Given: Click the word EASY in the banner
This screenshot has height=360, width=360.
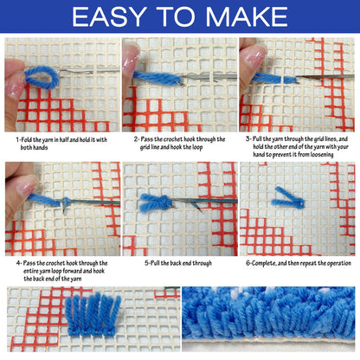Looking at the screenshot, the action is pos(109,16).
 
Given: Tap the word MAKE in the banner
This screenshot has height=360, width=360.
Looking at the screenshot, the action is pos(247,16).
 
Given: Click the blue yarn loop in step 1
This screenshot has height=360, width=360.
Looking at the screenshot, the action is pos(42,77).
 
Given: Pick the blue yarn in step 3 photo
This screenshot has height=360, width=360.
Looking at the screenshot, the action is pos(274,79).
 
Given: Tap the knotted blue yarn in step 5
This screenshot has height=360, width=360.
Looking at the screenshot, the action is pos(155,202).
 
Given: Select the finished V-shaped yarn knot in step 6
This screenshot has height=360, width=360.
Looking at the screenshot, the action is pos(288,199).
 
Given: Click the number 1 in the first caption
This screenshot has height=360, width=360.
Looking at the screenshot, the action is pos(17,140).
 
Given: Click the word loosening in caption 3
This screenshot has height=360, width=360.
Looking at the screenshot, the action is pos(322,155).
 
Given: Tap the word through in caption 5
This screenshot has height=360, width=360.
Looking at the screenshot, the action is pos(202,263).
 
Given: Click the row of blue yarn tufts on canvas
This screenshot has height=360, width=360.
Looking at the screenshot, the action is pos(93,315).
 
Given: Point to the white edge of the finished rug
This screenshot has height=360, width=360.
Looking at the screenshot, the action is pos(268,344).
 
